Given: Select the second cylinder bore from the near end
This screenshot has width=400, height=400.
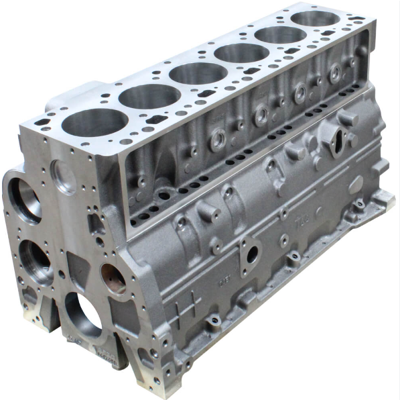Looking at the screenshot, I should click(x=141, y=97).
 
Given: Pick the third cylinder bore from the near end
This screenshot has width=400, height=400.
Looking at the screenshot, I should click(x=190, y=73).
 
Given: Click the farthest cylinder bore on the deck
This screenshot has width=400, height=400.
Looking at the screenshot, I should click(x=314, y=18).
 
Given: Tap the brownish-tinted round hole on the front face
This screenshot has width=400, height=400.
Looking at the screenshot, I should click(x=113, y=277).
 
